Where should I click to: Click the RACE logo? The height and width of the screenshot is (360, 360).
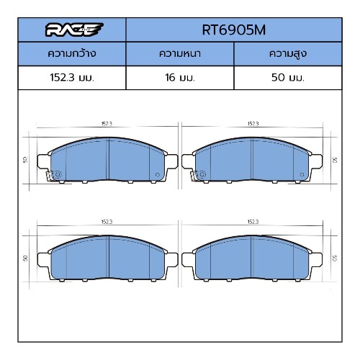(74, 30)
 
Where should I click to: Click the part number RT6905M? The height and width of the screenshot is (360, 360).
(234, 30)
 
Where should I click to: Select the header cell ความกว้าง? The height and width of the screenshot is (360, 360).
(72, 53)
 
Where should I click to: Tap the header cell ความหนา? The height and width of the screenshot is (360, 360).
(180, 53)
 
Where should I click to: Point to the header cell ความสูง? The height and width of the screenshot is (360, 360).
(288, 53)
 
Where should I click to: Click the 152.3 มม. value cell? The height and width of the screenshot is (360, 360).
(72, 78)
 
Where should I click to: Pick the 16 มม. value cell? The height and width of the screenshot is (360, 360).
(180, 78)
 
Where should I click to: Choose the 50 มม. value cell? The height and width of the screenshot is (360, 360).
(288, 78)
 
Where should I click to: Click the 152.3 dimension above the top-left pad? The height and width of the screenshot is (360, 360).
(107, 124)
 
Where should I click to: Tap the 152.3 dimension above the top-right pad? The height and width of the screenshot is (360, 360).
(253, 124)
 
